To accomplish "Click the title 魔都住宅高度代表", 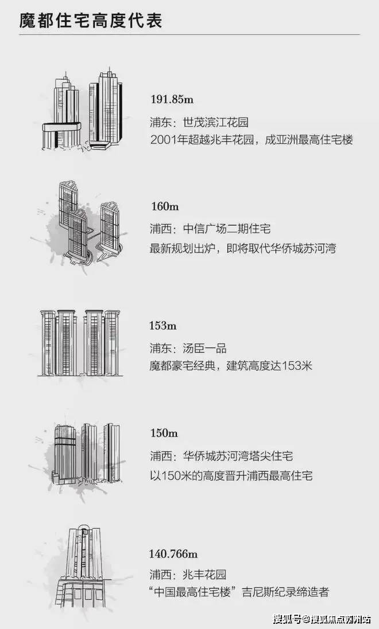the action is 91,21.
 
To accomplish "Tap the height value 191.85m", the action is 172,99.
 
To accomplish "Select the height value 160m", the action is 165,206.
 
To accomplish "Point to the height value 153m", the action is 163,325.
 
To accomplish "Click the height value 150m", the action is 164,433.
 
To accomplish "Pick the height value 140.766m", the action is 173,554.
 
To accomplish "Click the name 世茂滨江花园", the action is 216,122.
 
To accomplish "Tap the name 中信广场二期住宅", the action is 227,229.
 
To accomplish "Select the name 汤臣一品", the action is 204,348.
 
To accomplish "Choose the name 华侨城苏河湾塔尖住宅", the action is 238,456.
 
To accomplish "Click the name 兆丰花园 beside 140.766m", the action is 204,575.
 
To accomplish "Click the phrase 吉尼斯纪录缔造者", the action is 285,592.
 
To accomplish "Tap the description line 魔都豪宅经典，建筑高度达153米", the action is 231,366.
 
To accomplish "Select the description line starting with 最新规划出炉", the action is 243,248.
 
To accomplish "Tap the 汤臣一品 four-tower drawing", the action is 80,343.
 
